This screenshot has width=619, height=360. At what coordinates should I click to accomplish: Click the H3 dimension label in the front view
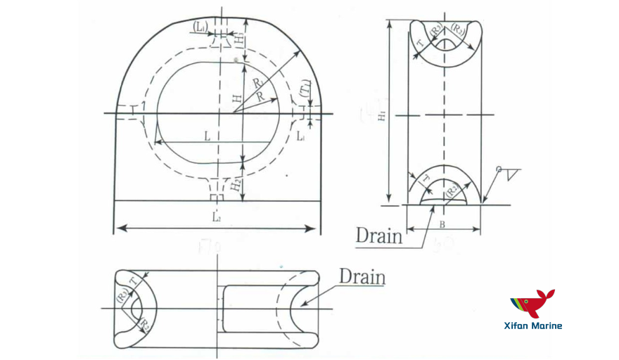click(241, 39)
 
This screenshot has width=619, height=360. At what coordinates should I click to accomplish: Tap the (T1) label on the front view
click(304, 89)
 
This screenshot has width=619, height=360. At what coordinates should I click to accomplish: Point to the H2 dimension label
click(236, 184)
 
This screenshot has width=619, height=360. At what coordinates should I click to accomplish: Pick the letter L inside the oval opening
click(208, 136)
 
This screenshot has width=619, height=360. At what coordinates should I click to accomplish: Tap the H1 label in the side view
click(381, 117)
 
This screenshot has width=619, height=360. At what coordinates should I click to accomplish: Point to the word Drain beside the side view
click(379, 235)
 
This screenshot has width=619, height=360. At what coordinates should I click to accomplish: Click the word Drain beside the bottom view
click(362, 276)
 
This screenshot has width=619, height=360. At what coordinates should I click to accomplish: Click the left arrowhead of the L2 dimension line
click(119, 228)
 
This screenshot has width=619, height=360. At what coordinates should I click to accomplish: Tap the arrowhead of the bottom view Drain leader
click(302, 306)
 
